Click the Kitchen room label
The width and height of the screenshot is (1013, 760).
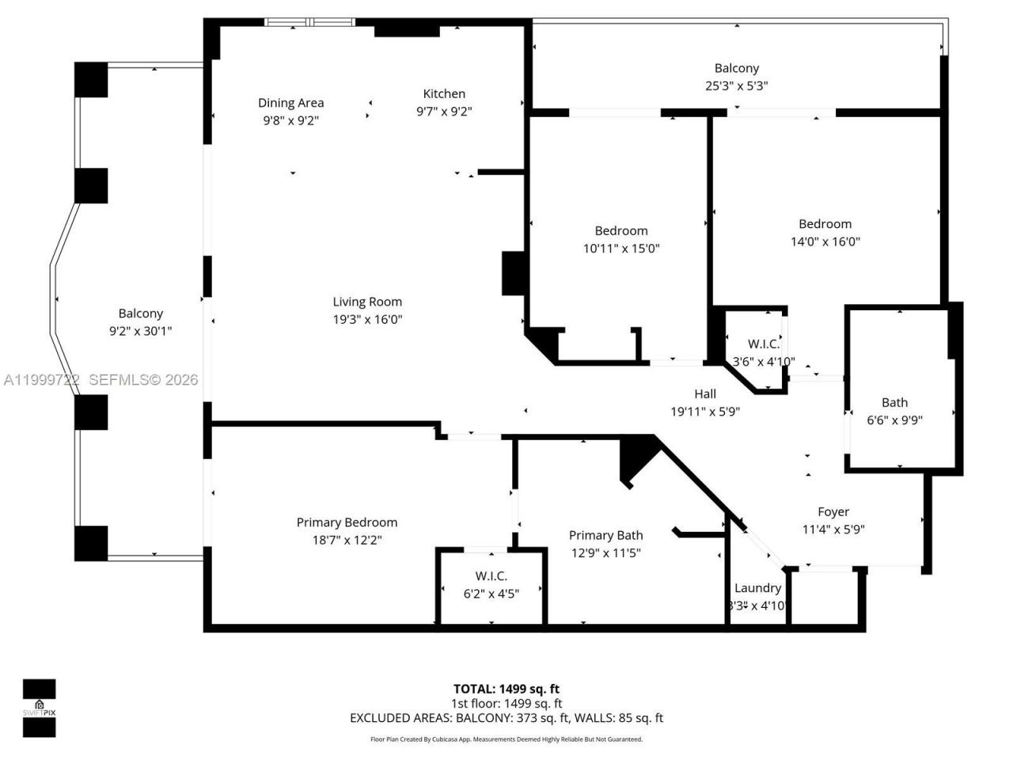444,93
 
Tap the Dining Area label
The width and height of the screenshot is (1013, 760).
290,102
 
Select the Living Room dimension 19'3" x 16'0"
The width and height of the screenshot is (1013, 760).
367,319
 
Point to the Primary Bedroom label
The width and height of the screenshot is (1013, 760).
347,522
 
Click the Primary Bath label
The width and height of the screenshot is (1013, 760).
605,535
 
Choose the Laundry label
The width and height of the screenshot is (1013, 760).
757,587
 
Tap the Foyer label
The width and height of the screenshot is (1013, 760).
833,511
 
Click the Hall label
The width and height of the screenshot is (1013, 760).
704,393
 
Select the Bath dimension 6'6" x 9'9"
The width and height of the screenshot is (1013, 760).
894,420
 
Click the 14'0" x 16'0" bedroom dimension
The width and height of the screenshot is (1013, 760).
825,241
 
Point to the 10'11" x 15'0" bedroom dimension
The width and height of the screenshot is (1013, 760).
620,248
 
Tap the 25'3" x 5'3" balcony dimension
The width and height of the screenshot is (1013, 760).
736,85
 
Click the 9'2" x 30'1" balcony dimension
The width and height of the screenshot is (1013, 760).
140,331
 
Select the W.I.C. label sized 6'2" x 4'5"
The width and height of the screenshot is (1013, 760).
491,576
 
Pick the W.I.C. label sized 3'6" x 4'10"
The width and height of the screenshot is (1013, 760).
763,344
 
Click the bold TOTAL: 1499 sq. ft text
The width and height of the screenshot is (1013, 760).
506,689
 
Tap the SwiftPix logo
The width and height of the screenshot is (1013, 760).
39,708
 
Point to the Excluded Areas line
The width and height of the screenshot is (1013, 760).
506,718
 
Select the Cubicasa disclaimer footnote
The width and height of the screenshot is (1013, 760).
506,739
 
